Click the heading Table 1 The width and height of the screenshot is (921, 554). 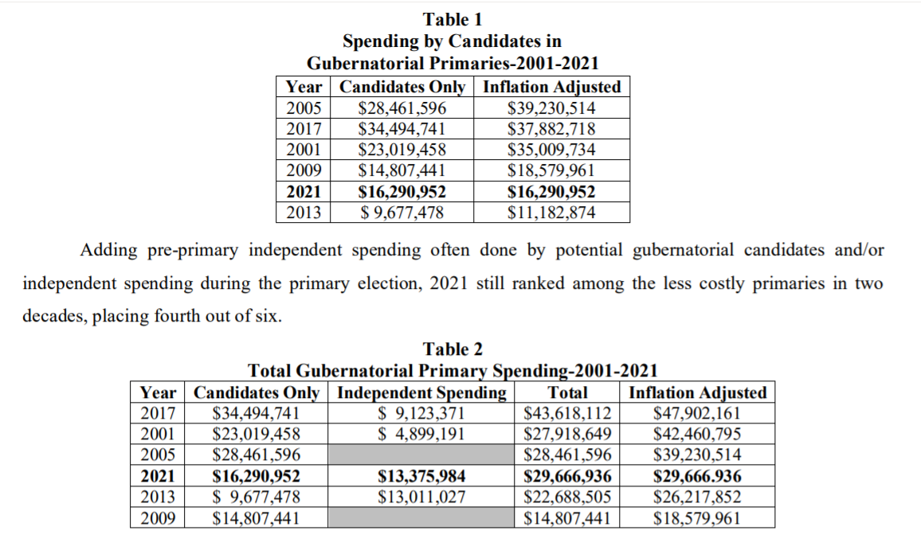point(453,19)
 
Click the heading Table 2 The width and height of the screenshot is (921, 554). point(453,349)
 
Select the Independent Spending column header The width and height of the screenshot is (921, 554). point(421,392)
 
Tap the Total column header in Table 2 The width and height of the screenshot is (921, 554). point(568,392)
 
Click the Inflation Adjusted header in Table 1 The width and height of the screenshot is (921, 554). point(551,87)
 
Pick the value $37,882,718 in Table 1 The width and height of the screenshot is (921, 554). point(551,129)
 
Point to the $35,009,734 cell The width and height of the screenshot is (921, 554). point(551,150)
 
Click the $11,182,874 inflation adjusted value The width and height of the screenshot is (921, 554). point(551,212)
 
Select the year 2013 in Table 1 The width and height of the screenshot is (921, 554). point(304,212)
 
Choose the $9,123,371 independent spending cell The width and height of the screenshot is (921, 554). point(421,413)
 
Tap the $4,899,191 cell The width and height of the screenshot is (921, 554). point(421,434)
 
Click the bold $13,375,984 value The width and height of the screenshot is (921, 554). point(421,477)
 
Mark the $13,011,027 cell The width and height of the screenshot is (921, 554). point(421,497)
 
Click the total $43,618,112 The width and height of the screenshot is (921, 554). point(568,413)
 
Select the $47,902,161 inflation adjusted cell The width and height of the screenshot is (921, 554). point(697,413)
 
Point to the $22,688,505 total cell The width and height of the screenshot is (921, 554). point(568,497)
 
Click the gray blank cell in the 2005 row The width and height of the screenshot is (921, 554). point(421,455)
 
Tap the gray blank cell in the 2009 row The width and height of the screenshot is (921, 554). point(421,518)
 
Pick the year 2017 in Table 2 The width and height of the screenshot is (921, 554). point(159,413)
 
